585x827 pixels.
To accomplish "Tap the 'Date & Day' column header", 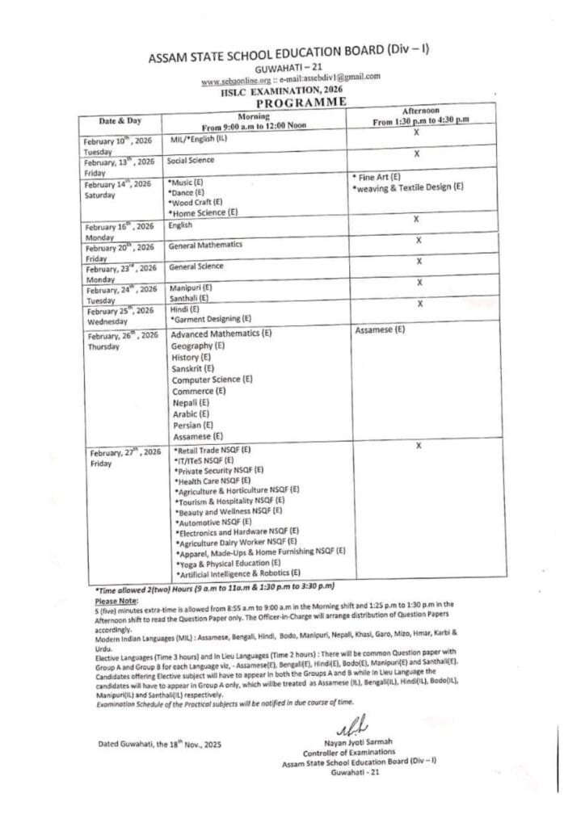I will point(118,120).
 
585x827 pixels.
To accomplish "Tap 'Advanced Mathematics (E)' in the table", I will point(221,334).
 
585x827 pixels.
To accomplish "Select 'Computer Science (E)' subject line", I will point(212,379).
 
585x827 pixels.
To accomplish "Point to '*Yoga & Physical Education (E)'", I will point(228,563).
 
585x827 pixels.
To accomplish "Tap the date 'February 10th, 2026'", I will point(118,141).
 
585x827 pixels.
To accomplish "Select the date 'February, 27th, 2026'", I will point(124,452).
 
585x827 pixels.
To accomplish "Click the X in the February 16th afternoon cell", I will point(415,219).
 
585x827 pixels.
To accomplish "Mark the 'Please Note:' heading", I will point(117,601).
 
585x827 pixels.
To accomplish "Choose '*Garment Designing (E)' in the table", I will point(211,318).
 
